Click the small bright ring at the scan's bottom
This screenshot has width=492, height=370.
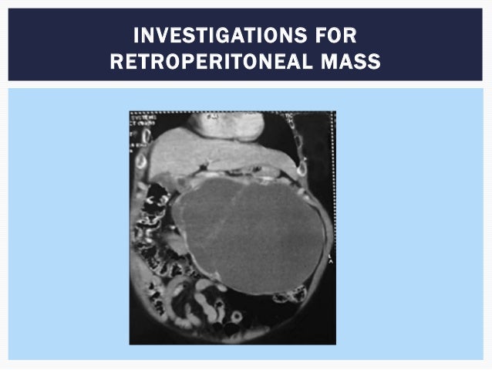click(x=237, y=317)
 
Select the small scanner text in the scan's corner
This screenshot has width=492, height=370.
click(x=141, y=124)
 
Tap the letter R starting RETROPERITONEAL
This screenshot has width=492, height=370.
click(x=116, y=61)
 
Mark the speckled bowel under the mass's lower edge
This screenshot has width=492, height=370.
click(x=289, y=294)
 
